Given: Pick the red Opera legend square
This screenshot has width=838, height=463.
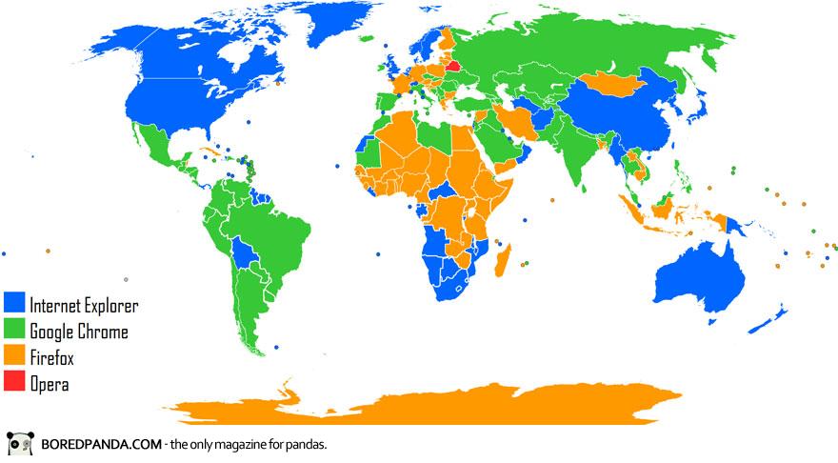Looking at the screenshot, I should pyautogui.click(x=15, y=385).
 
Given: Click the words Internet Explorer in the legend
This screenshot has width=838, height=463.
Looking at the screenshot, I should pyautogui.click(x=84, y=306).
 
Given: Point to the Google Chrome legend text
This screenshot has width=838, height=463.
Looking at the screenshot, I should pyautogui.click(x=78, y=332).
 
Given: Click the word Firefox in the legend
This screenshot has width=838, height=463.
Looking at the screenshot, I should pyautogui.click(x=51, y=359).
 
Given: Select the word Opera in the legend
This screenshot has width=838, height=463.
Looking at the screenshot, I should pyautogui.click(x=49, y=385).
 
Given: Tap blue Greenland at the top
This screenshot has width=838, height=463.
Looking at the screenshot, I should pyautogui.click(x=324, y=29).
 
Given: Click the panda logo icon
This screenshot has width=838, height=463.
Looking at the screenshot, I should pyautogui.click(x=20, y=445).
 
